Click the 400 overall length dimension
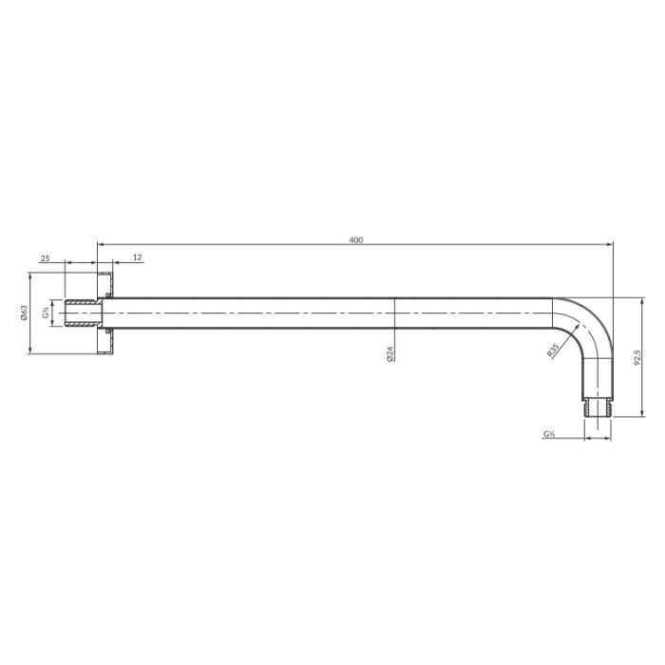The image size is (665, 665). coord(356,240)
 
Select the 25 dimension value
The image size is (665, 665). coord(45,257)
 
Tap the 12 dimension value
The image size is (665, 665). coord(138,257)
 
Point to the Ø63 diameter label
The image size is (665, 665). coord(24,313)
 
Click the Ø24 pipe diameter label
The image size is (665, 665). coord(390,353)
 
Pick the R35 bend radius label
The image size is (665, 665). coord(553,351)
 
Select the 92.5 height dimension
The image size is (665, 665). coord(637,357)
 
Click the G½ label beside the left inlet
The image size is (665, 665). coord(46,313)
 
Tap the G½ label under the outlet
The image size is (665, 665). coord(550,434)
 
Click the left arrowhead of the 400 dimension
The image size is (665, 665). coord(101,244)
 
